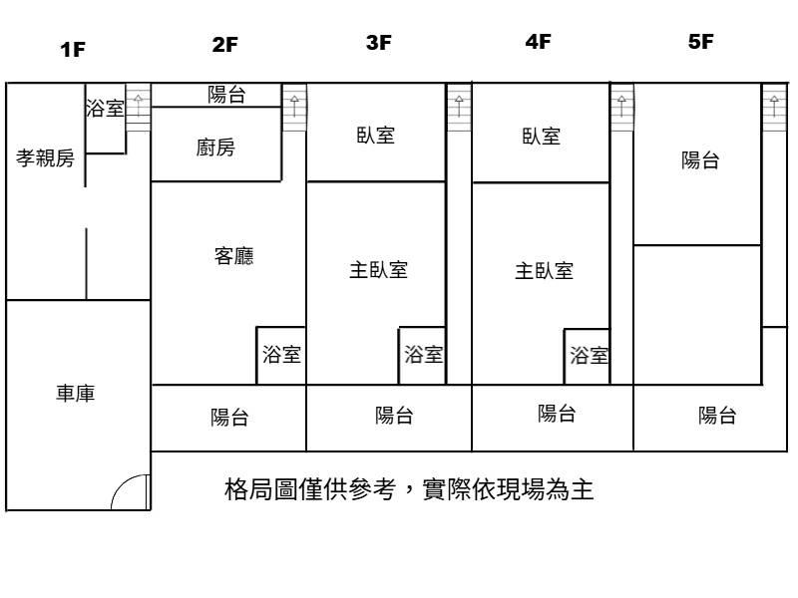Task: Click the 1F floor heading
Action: click(73, 49)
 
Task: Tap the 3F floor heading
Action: click(379, 42)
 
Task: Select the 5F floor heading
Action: click(701, 41)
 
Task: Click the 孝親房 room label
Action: click(45, 157)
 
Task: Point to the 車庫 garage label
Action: click(76, 393)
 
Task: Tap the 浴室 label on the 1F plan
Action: click(105, 108)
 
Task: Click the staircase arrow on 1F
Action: click(138, 106)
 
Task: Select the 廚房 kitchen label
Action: click(215, 148)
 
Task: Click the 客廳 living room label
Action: click(234, 256)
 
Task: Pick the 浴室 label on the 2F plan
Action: click(281, 355)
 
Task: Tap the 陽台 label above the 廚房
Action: click(227, 95)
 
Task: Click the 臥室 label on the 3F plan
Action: click(376, 136)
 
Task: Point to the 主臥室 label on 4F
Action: click(544, 270)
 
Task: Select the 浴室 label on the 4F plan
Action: click(589, 356)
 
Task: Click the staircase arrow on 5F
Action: click(774, 106)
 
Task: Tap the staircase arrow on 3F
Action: click(459, 106)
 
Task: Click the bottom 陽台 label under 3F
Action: click(394, 416)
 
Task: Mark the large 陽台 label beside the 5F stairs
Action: click(700, 160)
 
